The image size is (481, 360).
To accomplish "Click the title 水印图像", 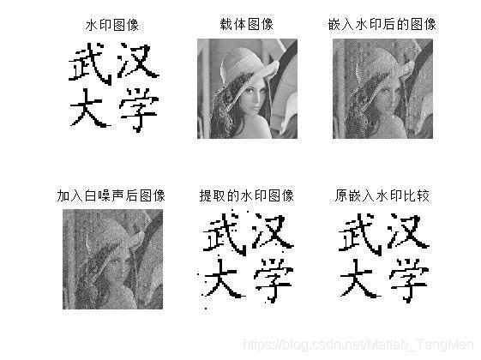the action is point(112,25).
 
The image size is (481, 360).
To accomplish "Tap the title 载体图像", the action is point(247,25).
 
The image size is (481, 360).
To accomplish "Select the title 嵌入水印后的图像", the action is point(382,25).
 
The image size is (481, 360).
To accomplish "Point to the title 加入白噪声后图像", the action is point(111,195).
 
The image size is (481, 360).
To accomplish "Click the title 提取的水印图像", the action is point(247,195).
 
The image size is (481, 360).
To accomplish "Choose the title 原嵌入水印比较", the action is point(382,195).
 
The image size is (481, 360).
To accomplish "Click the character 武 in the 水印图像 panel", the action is point(90,63).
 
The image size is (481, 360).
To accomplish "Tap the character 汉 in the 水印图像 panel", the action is point(138,60).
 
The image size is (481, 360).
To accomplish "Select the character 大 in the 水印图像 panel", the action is point(90,108).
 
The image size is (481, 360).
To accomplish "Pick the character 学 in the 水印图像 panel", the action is point(139,110).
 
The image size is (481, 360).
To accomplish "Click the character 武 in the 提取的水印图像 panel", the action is point(225,234).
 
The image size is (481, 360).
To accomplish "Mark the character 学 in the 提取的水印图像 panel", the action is point(274,281).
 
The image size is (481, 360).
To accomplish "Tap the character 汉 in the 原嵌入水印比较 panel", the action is point(408,231).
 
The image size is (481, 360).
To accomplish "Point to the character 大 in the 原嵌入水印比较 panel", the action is point(360,279).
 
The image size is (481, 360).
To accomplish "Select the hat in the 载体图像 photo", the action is point(245,67).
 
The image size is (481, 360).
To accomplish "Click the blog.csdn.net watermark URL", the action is point(358,345).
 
